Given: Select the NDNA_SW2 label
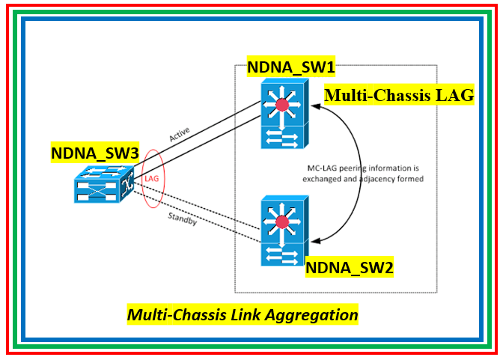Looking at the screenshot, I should click(350, 266).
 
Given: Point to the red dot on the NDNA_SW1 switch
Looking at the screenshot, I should click(282, 105).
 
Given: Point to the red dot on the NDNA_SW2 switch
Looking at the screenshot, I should click(282, 222).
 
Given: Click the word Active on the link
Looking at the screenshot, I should click(180, 135).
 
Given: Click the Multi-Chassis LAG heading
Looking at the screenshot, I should click(399, 96).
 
